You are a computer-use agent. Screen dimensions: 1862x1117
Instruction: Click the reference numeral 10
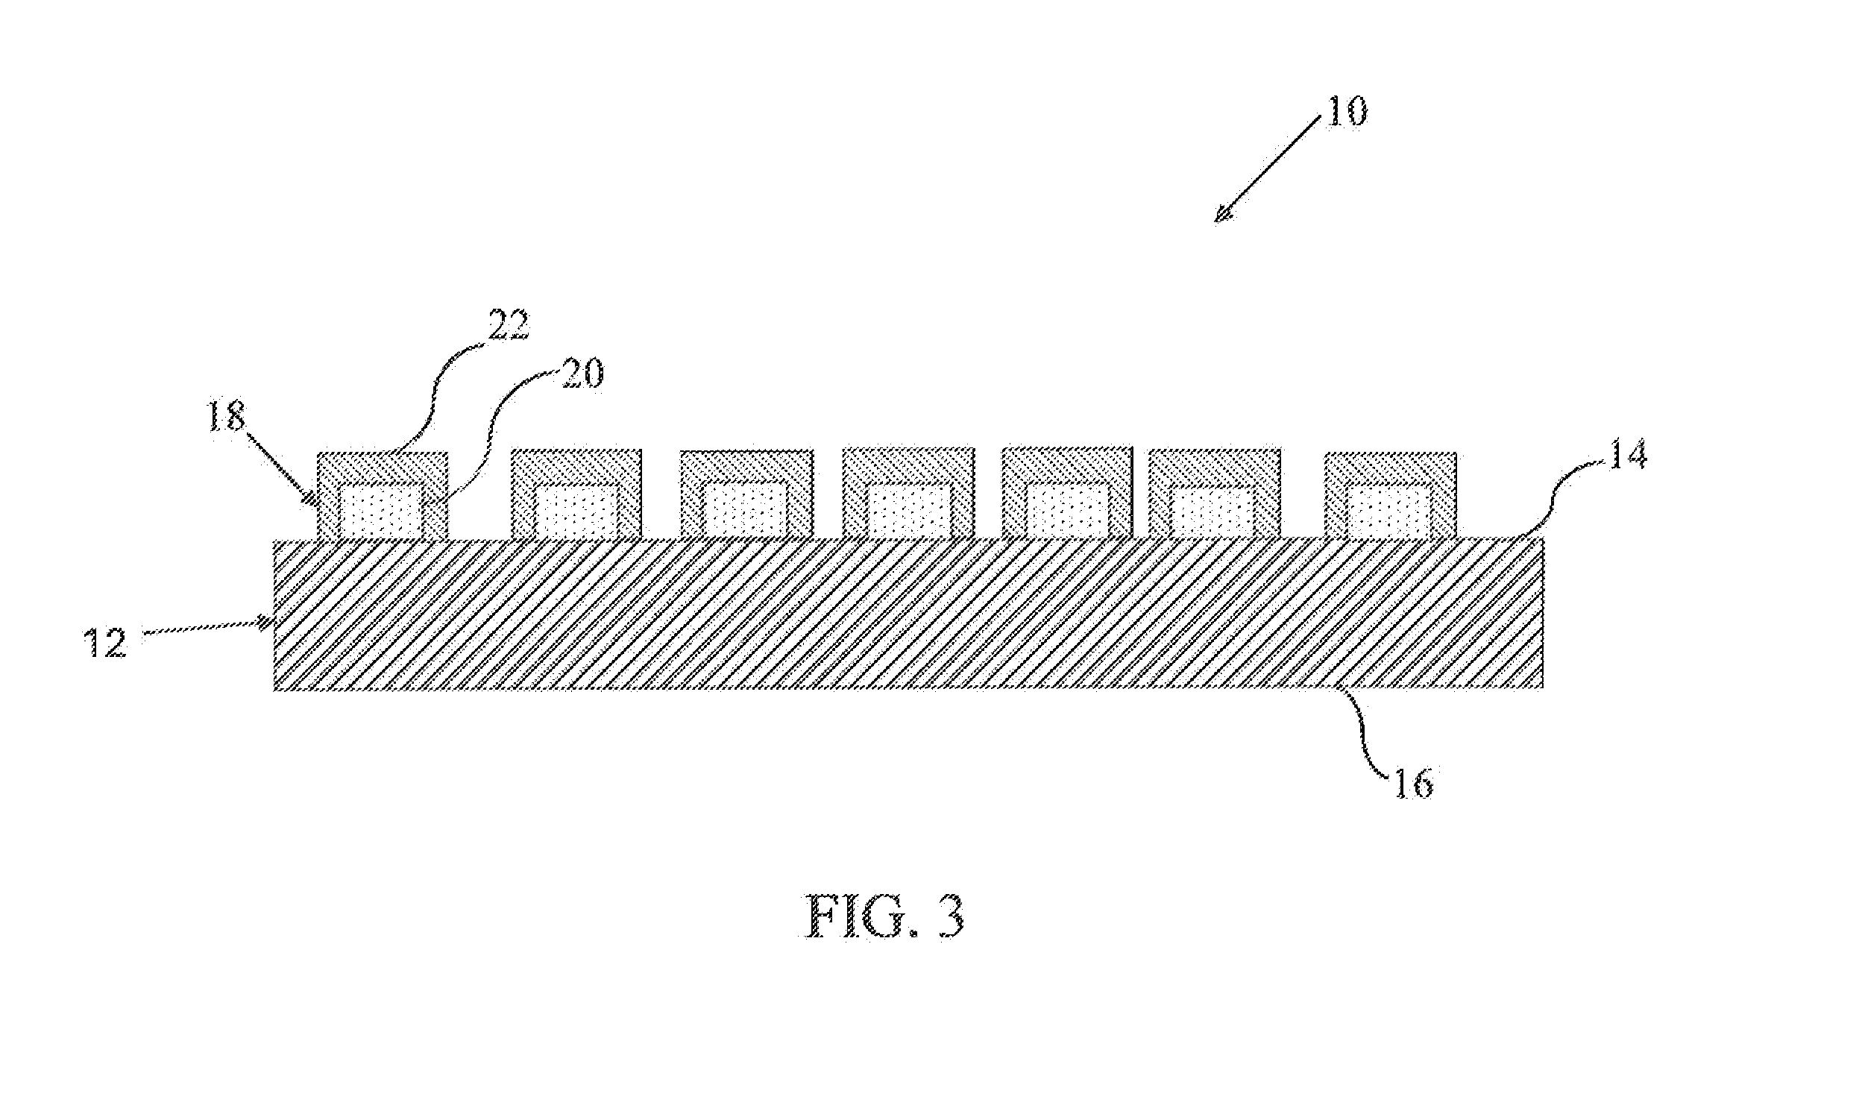click(x=1346, y=111)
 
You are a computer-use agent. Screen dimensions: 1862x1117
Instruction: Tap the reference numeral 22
click(x=509, y=324)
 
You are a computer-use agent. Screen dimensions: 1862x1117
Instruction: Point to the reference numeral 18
click(x=226, y=415)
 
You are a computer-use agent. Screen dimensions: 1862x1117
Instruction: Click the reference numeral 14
click(x=1626, y=455)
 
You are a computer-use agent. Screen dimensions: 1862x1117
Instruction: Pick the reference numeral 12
click(x=105, y=644)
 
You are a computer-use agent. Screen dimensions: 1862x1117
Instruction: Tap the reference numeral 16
click(x=1413, y=785)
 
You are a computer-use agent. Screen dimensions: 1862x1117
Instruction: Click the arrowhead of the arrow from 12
click(x=265, y=622)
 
